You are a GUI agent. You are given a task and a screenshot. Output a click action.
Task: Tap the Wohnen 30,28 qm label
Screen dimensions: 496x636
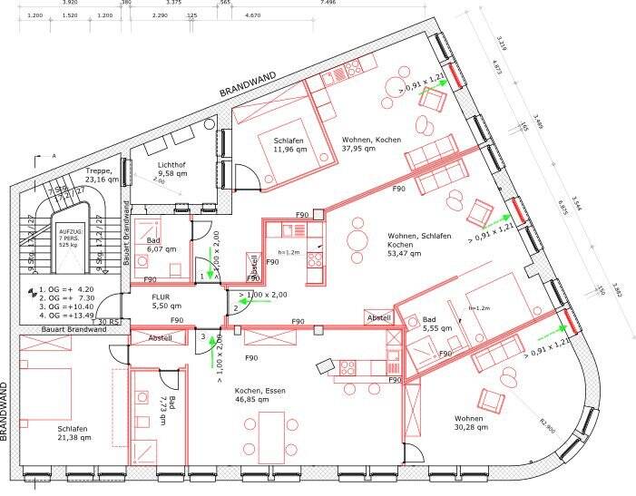click(x=474, y=424)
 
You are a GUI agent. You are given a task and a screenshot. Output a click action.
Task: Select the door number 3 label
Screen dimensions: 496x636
click(x=203, y=336)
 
